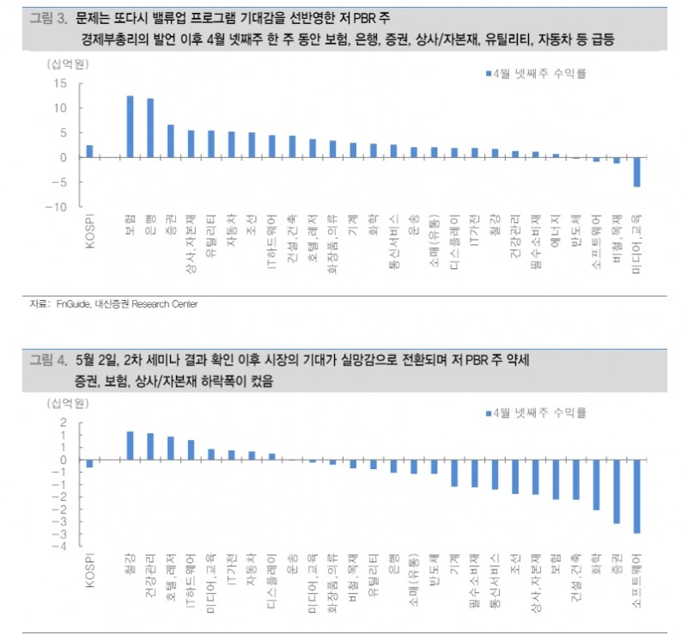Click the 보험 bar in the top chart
coord(130,126)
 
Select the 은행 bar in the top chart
coord(150,128)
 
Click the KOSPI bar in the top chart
coord(89,151)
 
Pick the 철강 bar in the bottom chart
coord(130,445)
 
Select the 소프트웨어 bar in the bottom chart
coord(636,496)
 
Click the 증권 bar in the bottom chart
coord(616,491)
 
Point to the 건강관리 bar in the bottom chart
coord(150,446)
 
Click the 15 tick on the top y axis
coord(59,83)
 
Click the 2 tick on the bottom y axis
coord(64,422)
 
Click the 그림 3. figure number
coord(48,17)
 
